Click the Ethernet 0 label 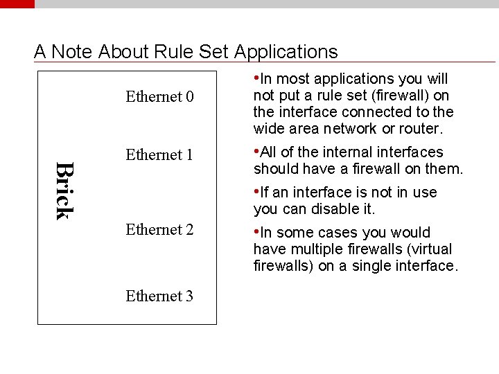pos(159,96)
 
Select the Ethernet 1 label pos(159,154)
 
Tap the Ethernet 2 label pos(159,229)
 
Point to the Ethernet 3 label pos(159,296)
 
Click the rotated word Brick pos(64,190)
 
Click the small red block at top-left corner pos(17,3)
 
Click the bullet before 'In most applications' pos(256,78)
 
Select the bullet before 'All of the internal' pos(256,151)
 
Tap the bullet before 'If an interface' pos(256,191)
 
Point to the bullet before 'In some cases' pos(256,231)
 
